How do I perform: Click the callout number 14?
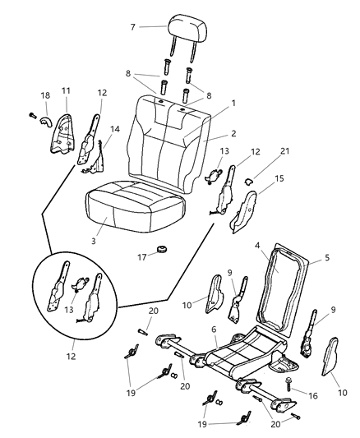point(115,129)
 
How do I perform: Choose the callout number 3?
point(95,241)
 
